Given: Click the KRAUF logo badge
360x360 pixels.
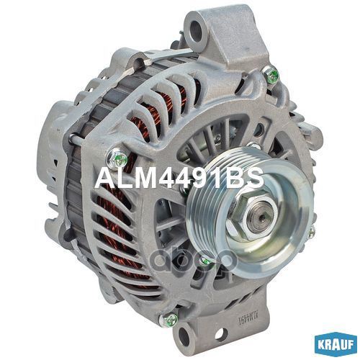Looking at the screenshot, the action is [x=336, y=345].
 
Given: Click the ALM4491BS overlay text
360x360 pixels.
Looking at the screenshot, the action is [x=179, y=178].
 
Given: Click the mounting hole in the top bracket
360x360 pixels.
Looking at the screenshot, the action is [x=196, y=30].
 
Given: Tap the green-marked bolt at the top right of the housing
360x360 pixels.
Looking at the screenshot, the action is [x=271, y=74].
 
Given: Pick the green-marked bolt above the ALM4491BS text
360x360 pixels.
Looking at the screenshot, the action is [x=117, y=158].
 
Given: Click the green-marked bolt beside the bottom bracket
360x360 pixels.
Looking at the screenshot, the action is [x=170, y=319].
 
